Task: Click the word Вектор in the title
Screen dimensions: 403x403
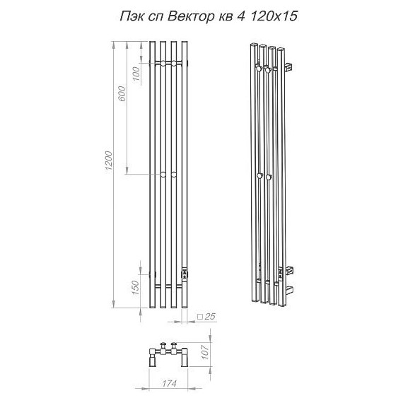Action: click(190, 17)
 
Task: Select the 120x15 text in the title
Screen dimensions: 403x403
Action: click(274, 17)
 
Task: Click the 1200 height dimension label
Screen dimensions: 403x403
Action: click(109, 160)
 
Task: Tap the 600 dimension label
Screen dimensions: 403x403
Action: click(122, 94)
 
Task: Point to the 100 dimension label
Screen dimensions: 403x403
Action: click(136, 74)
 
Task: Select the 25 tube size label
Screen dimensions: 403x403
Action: click(210, 316)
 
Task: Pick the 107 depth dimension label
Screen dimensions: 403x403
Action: click(204, 352)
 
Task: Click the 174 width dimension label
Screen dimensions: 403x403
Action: click(170, 384)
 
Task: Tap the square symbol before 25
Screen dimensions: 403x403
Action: click(200, 317)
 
